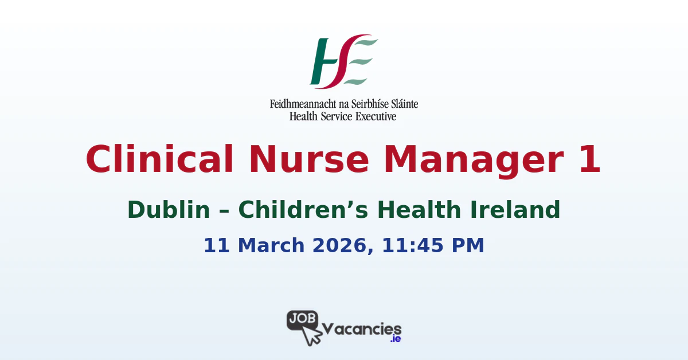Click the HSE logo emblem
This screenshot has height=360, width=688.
pos(343,61)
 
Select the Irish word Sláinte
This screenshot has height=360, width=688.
pos(401,104)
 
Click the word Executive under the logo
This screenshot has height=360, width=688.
pos(375,116)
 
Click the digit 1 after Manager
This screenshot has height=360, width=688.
pos(588,159)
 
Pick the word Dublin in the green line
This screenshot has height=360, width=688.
pos(169,210)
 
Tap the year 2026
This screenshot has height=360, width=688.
pos(339,245)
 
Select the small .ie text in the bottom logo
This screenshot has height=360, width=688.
pos(395,339)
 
